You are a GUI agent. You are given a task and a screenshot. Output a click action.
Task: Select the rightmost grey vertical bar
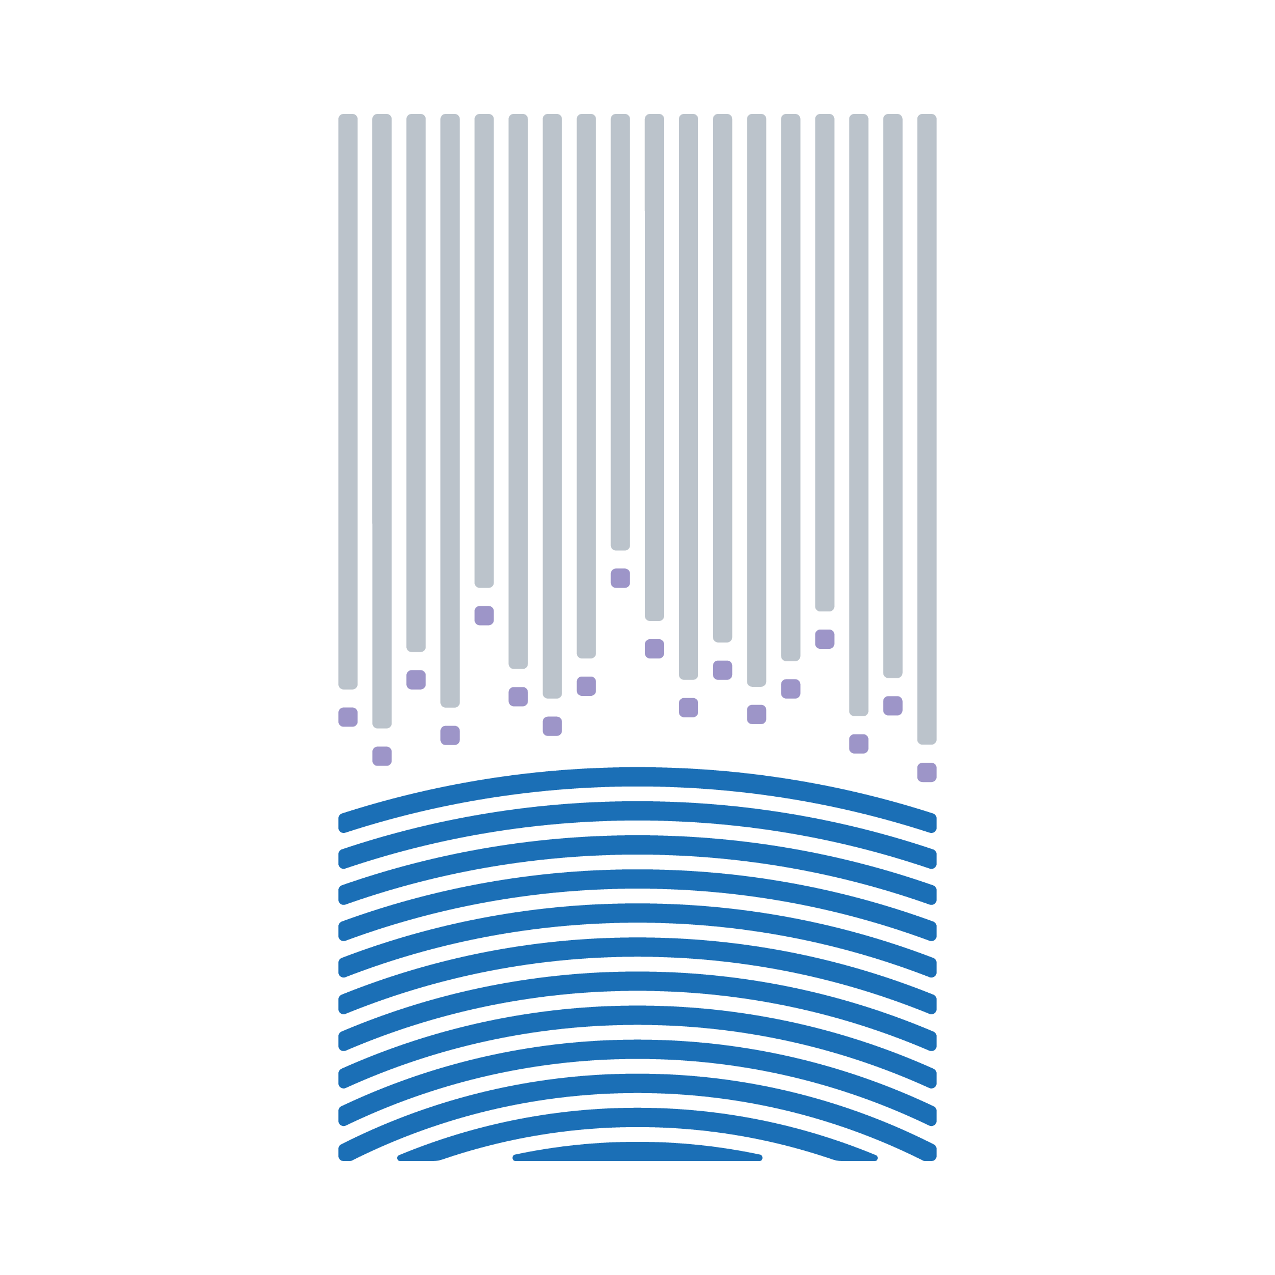point(926,429)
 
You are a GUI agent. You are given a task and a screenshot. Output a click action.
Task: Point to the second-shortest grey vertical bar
point(484,350)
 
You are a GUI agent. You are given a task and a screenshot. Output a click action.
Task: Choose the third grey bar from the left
point(416,382)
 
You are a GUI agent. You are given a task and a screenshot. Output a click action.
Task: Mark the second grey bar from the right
point(892,396)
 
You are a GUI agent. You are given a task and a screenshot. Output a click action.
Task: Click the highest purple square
point(620,578)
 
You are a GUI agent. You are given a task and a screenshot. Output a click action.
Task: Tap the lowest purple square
point(926,772)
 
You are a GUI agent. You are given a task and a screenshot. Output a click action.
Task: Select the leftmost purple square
point(348,717)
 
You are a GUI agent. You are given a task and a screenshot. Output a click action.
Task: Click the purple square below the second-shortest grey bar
point(484,615)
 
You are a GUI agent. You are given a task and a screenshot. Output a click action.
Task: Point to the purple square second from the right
point(892,705)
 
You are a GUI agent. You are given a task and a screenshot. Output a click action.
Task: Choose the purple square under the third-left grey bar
point(416,679)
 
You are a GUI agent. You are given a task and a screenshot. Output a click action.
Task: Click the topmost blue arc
point(637,777)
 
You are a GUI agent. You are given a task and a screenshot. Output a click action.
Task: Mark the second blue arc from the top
point(637,811)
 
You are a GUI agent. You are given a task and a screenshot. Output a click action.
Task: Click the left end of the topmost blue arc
point(344,823)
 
